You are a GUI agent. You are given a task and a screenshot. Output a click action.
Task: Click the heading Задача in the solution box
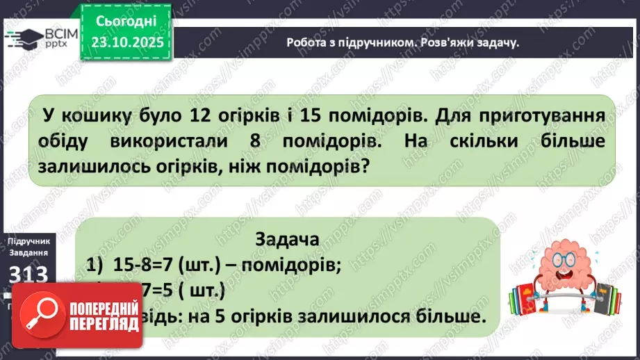tap(288, 240)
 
